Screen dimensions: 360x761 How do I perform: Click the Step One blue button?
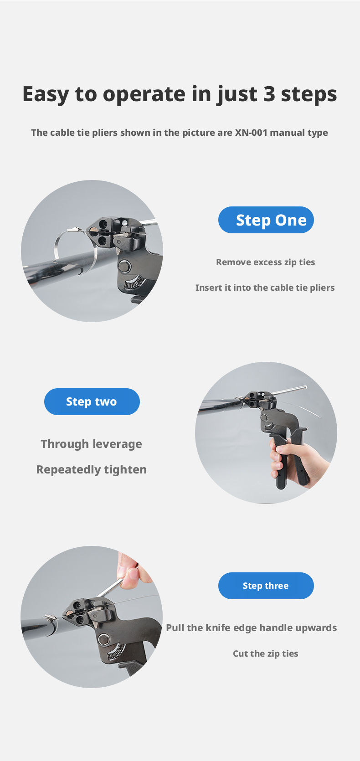tap(266, 220)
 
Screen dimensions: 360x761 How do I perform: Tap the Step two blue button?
tap(92, 401)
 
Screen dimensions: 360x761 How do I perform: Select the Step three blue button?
tap(266, 586)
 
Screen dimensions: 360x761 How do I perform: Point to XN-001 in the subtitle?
tap(252, 133)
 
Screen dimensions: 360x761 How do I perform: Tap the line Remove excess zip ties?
tap(266, 262)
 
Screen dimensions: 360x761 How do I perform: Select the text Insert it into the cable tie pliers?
tap(265, 288)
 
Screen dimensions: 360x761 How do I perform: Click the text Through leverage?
tap(91, 444)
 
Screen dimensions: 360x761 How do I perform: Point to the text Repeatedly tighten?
tap(91, 470)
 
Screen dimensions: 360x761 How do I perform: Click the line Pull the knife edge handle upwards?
tap(252, 628)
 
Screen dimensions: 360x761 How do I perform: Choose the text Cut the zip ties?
tap(265, 653)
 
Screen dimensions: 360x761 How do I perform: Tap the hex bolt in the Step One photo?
tap(125, 265)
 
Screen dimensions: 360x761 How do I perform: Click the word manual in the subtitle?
tap(284, 133)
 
